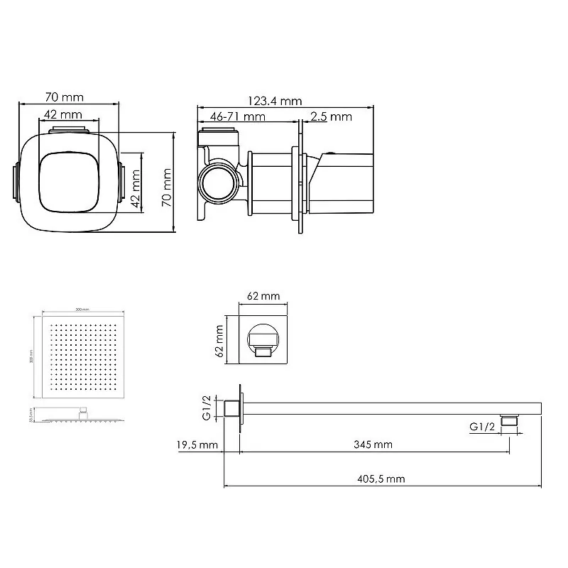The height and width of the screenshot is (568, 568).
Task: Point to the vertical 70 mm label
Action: (x=168, y=187)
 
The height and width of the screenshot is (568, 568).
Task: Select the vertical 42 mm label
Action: (x=136, y=188)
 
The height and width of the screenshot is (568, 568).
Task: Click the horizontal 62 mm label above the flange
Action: (x=266, y=295)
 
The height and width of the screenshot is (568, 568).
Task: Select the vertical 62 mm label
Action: (x=220, y=339)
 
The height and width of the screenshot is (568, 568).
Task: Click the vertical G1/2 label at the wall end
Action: (x=206, y=409)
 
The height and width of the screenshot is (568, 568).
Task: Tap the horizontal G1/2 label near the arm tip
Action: (x=482, y=427)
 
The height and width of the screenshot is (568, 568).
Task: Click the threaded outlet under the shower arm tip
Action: (x=508, y=421)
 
